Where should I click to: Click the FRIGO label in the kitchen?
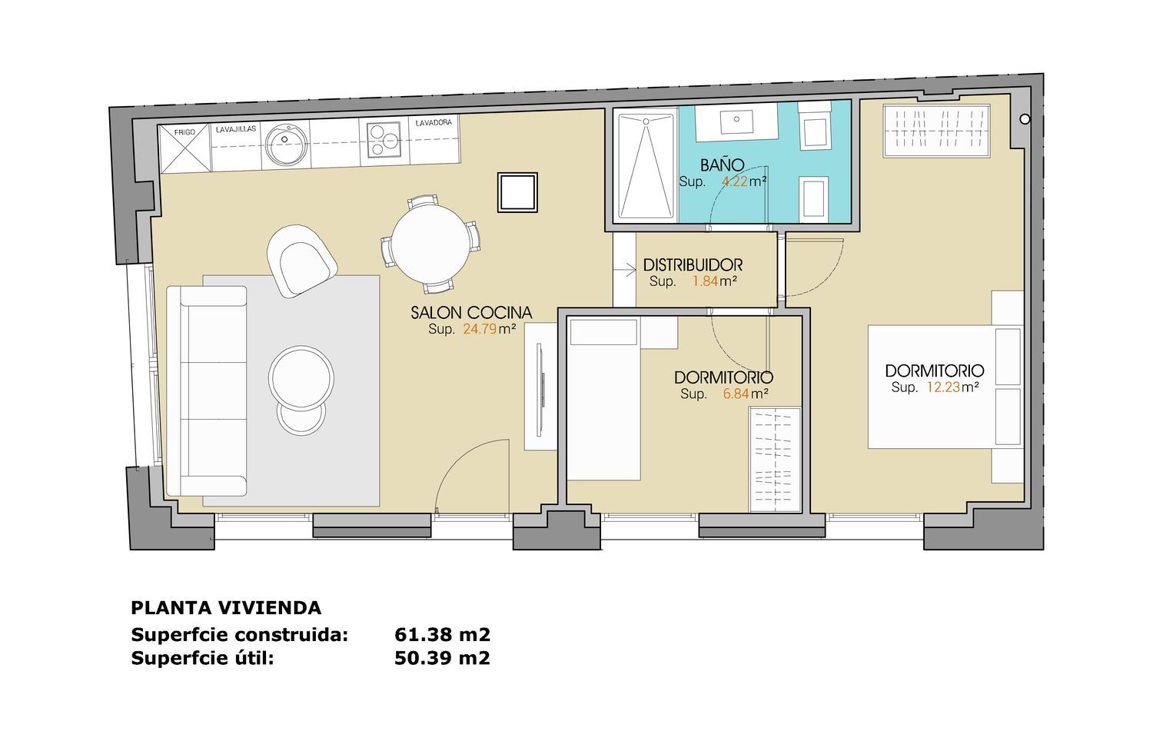click(184, 132)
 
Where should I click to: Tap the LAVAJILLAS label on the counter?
click(236, 128)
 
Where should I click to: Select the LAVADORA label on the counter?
click(434, 122)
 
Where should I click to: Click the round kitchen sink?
click(287, 145)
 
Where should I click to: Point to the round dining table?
click(430, 244)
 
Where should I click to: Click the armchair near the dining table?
click(302, 261)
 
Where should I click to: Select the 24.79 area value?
click(480, 329)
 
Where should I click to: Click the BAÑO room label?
click(723, 165)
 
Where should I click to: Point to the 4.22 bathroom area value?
click(735, 181)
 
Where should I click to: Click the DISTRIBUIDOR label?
click(693, 265)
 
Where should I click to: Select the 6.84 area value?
click(736, 394)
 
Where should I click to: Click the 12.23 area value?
click(943, 387)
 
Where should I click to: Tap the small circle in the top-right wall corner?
click(1025, 119)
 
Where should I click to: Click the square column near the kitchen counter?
click(517, 192)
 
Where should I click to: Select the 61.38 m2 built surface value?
click(442, 634)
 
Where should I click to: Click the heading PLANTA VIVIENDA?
click(226, 608)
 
